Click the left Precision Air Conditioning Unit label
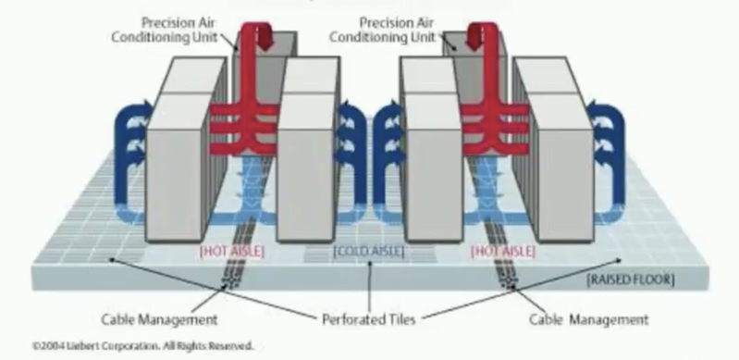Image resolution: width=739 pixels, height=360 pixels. [x=165, y=30]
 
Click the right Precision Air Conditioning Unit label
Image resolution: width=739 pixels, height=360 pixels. [x=383, y=30]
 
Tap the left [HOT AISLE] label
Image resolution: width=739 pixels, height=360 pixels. [x=232, y=251]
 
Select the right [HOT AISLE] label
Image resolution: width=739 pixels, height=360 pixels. [x=503, y=252]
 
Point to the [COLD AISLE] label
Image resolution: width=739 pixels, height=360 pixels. [x=368, y=252]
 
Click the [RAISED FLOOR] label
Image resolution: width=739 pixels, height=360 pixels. [x=631, y=279]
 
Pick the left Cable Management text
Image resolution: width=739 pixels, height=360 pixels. [x=159, y=319]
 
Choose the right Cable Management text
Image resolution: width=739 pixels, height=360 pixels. [x=588, y=319]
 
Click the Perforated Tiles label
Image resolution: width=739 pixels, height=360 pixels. [x=368, y=319]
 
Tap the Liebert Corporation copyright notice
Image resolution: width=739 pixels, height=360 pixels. [x=142, y=346]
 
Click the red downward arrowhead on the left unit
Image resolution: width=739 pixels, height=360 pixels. [x=265, y=42]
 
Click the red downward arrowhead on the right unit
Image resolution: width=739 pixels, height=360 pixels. [x=474, y=42]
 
